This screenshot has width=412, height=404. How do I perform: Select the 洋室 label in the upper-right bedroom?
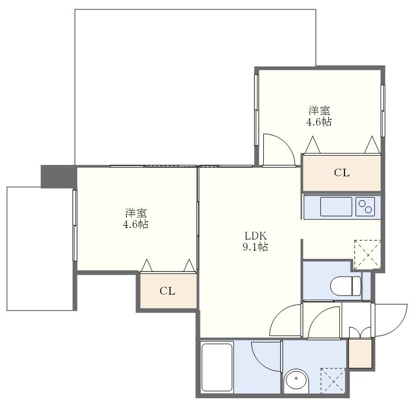click(x=319, y=111)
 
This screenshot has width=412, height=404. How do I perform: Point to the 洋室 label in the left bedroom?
click(x=136, y=213)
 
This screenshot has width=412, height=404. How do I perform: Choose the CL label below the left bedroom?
click(x=168, y=291)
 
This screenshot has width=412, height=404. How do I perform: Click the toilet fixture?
click(x=346, y=286)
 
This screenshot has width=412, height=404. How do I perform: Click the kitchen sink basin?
click(x=336, y=206)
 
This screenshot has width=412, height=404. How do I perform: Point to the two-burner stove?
click(x=366, y=206)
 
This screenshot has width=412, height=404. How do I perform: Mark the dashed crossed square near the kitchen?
click(x=368, y=254)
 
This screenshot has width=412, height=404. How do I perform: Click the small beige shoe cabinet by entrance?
click(x=360, y=354)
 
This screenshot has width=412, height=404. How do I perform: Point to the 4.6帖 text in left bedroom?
click(x=136, y=224)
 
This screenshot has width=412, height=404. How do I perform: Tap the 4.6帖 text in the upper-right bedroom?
click(x=319, y=122)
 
